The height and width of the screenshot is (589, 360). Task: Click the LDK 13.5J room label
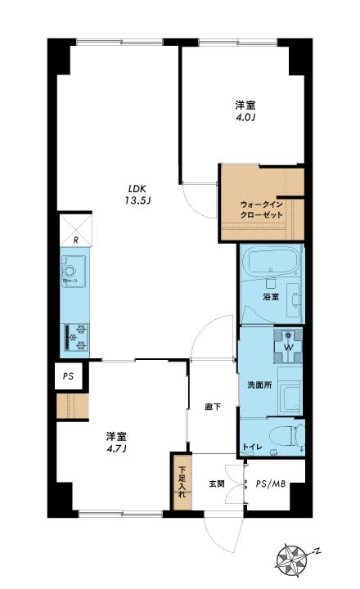click(137, 195)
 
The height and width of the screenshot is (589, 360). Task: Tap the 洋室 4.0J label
click(245, 110)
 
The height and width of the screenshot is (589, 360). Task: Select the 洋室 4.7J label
click(116, 442)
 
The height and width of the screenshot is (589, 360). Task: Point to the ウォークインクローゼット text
click(261, 210)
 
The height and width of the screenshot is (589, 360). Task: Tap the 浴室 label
click(271, 296)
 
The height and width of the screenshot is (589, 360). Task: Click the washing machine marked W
click(288, 346)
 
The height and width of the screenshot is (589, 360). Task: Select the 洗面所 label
click(259, 385)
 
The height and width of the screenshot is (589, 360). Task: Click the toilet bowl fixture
click(290, 437)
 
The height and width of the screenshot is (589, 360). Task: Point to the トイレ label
click(252, 447)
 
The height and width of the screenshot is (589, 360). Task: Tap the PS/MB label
click(271, 483)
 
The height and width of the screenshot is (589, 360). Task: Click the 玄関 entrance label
click(217, 483)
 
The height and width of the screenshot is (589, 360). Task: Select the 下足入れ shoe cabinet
click(182, 482)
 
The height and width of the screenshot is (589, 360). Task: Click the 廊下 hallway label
click(213, 407)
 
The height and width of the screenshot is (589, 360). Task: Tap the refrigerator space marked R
click(75, 230)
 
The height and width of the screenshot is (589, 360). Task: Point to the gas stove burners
click(77, 337)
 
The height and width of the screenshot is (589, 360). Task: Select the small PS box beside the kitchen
click(68, 376)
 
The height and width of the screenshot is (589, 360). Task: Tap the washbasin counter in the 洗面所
click(290, 391)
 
